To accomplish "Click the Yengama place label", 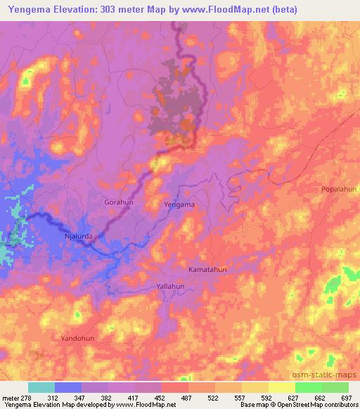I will (179, 204).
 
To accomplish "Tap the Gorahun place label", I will (118, 202).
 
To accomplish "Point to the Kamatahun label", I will (208, 269).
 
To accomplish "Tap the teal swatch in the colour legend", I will (41, 387).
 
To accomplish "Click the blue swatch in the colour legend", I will (68, 387).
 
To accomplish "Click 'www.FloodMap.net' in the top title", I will (224, 9).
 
